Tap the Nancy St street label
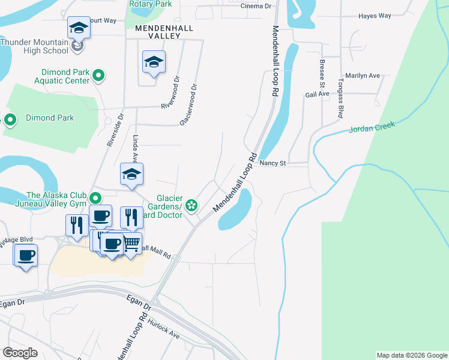point(274,163)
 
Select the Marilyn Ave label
point(367,76)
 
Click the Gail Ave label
point(317,94)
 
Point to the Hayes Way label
point(375,16)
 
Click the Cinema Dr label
point(256,6)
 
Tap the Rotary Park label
point(150,4)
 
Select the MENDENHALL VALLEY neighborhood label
point(157,32)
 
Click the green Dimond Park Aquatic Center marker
point(99,76)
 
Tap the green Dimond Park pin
point(10,120)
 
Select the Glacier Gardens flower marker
point(191,206)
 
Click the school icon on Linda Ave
point(131,175)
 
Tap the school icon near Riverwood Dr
point(154,62)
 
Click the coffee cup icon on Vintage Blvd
point(25,255)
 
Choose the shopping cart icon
point(133,242)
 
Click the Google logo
point(20,353)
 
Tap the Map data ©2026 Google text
point(411,355)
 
